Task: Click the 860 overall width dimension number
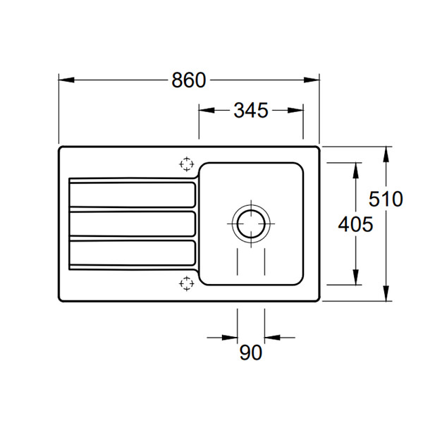(x=189, y=80)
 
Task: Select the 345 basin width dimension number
(x=251, y=111)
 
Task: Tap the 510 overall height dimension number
(x=386, y=199)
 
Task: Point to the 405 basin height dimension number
(x=355, y=224)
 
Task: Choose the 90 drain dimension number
(x=251, y=352)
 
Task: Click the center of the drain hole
(x=251, y=223)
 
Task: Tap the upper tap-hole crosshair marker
(x=186, y=164)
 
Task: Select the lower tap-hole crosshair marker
(x=186, y=283)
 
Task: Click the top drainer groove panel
(x=133, y=195)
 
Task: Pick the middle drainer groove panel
(x=133, y=223)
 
